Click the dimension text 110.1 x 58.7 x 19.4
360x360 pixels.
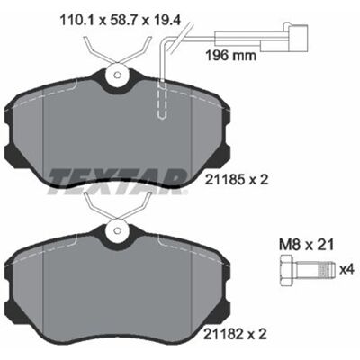[120, 21]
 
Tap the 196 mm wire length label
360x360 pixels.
[230, 56]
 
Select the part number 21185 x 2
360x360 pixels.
[236, 180]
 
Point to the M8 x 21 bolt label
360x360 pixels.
[306, 246]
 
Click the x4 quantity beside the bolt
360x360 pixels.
[346, 270]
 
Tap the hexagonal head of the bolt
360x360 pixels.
[288, 270]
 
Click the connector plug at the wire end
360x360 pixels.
[298, 38]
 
